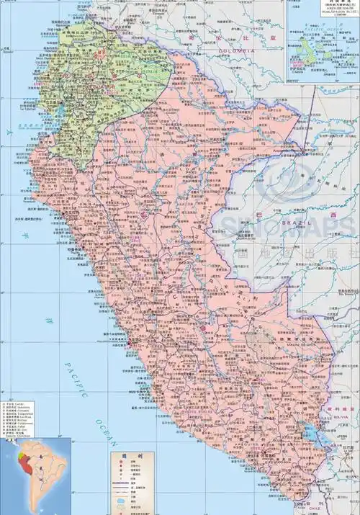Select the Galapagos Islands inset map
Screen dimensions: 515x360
tap(323, 36)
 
